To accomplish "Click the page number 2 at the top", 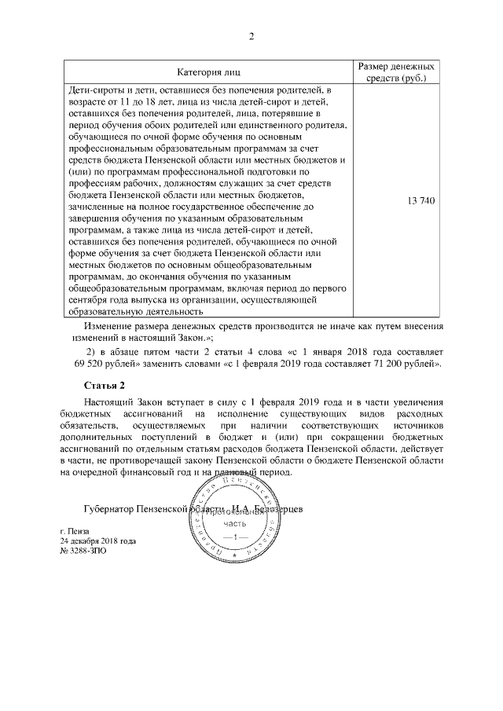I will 251,36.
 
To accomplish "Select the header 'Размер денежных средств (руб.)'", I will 398,73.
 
